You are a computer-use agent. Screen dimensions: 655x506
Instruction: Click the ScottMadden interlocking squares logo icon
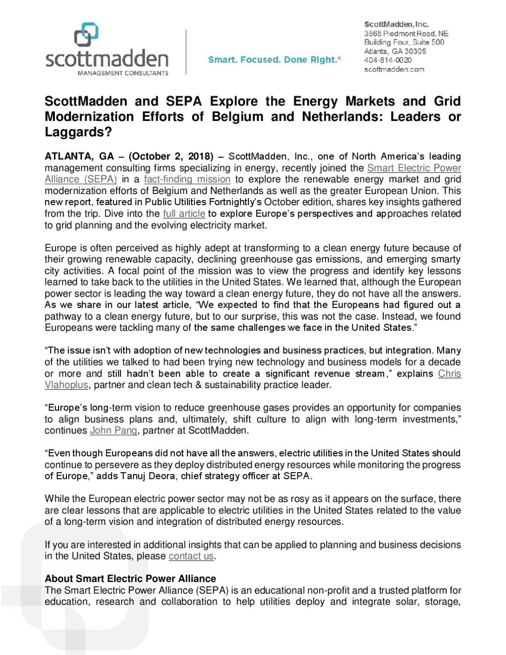click(x=86, y=35)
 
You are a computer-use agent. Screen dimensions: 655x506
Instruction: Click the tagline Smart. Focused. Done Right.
click(x=274, y=60)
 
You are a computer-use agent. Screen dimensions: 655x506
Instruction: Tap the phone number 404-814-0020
click(x=388, y=60)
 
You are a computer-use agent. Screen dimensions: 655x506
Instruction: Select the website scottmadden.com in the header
click(x=394, y=69)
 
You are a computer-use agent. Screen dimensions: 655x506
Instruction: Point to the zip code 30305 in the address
click(x=415, y=51)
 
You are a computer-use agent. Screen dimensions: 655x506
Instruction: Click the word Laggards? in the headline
click(x=78, y=132)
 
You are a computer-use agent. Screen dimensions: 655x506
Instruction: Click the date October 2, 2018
click(x=171, y=156)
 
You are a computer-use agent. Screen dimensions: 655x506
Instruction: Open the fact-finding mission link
click(x=187, y=179)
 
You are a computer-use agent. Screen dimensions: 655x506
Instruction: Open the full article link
click(x=184, y=214)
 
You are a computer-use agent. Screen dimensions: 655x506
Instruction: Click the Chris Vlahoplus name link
click(x=449, y=373)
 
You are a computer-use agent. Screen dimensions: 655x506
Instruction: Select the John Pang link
click(x=113, y=431)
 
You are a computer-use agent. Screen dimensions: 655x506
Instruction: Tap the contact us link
click(x=191, y=556)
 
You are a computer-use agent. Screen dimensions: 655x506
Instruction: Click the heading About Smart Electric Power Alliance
click(x=130, y=579)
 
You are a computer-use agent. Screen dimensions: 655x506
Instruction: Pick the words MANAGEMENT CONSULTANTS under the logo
click(x=123, y=73)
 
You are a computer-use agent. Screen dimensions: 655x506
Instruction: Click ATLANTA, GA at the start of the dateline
click(x=79, y=156)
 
